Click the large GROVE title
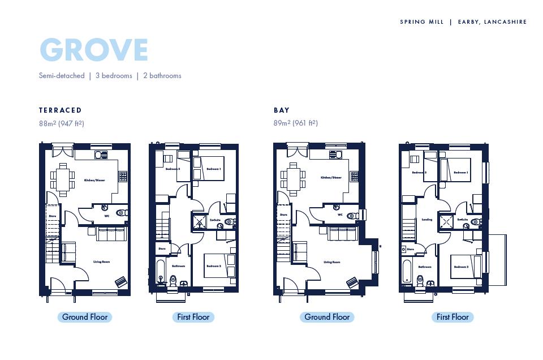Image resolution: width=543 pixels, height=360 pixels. (94, 50)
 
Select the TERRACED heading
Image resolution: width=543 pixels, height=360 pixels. (60, 110)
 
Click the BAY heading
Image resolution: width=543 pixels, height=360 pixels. (281, 110)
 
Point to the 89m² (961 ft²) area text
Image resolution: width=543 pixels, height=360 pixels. (295, 123)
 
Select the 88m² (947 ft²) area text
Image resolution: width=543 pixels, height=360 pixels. (61, 123)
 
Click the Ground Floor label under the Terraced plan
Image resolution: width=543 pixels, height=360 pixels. (84, 317)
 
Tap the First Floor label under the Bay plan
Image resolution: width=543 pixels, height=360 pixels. (453, 317)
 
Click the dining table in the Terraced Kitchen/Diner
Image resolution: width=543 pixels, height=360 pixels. (62, 177)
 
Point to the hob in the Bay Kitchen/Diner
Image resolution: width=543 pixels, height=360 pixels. (355, 176)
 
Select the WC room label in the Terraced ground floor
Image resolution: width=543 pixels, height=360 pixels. (106, 216)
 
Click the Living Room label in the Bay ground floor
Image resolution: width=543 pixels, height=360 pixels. (331, 262)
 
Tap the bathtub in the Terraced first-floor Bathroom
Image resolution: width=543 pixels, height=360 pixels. (161, 272)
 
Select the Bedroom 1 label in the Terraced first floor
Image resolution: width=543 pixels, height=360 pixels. (213, 169)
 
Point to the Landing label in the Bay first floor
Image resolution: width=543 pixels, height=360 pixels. (427, 220)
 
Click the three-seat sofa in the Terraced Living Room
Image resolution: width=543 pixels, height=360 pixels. (111, 233)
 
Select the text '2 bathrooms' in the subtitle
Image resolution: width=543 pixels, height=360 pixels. (162, 75)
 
